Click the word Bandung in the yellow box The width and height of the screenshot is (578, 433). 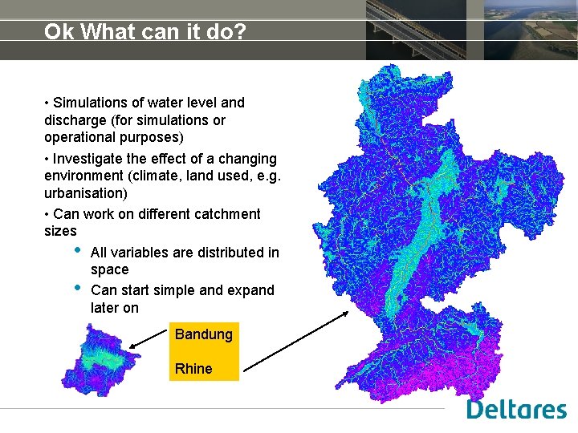click(204, 334)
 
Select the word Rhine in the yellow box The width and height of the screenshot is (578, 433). click(193, 369)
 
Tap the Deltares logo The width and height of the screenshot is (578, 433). click(517, 410)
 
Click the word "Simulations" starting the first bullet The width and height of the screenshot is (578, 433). click(90, 103)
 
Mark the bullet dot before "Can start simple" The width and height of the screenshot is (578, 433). click(77, 286)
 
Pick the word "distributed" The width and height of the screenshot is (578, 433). click(226, 253)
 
